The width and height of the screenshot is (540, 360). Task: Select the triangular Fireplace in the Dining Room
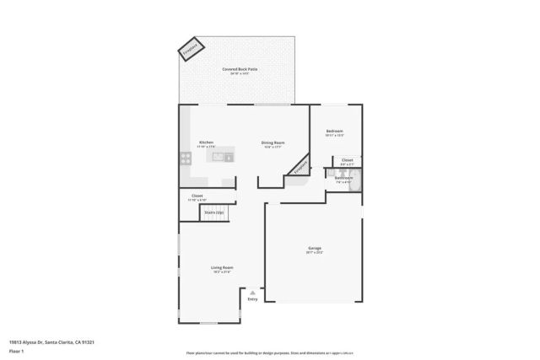coord(299,168)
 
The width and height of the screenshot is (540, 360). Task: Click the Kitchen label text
coord(206,142)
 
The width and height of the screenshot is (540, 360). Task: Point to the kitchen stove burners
coord(184,158)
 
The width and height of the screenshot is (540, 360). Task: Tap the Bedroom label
coord(335,132)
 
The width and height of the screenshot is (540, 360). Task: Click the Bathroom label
coord(343,178)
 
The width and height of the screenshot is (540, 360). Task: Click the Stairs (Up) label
coord(214,212)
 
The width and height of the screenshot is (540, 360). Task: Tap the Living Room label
coord(222,267)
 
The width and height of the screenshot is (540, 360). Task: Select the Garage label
coord(314,248)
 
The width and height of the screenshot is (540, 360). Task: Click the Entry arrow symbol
coord(252,292)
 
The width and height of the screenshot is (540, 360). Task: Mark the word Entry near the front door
coord(252,298)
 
